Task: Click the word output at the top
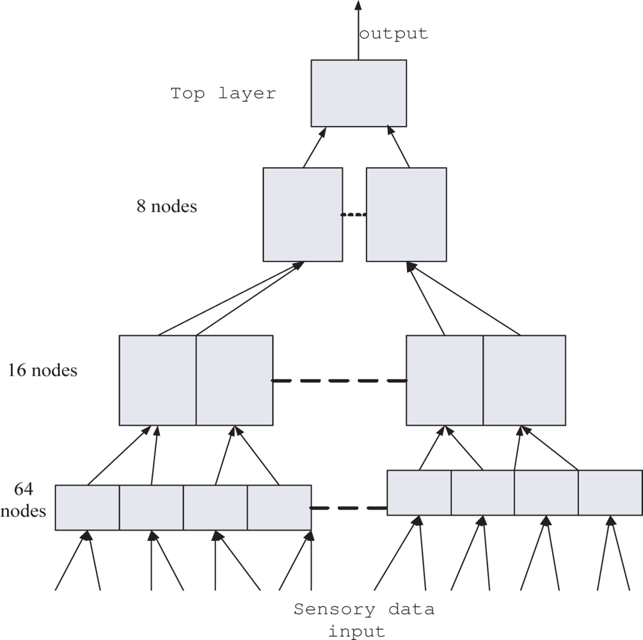(x=393, y=34)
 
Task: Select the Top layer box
(x=358, y=93)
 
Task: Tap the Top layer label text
(x=223, y=93)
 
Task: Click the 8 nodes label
(x=166, y=207)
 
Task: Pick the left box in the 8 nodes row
(x=303, y=214)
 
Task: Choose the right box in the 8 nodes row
(x=406, y=214)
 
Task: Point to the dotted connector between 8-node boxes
(x=354, y=215)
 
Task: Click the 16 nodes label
(x=42, y=371)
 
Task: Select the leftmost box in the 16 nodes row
(x=157, y=380)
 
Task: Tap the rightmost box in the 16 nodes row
(x=524, y=380)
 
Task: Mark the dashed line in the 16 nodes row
(x=339, y=381)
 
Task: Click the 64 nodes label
(x=30, y=500)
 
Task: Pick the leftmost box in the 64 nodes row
(x=87, y=508)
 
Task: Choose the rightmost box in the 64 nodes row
(x=610, y=492)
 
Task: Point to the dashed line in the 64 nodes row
(x=349, y=509)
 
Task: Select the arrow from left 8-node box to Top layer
(x=315, y=147)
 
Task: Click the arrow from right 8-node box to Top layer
(x=399, y=147)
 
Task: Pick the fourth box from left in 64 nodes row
(x=279, y=508)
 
